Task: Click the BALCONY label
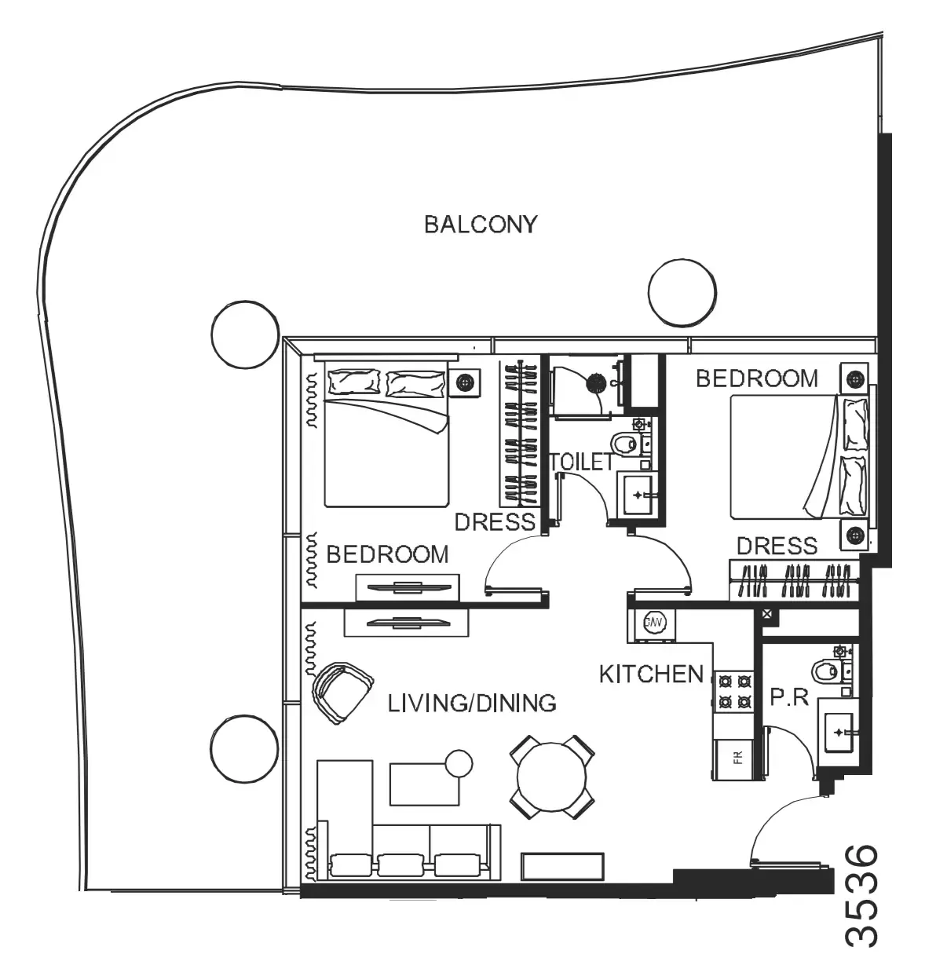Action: pyautogui.click(x=481, y=225)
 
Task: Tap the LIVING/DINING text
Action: pyautogui.click(x=472, y=704)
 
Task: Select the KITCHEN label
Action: pyautogui.click(x=651, y=674)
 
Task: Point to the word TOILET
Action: pyautogui.click(x=581, y=462)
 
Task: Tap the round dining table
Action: pyautogui.click(x=552, y=777)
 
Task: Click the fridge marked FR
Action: pyautogui.click(x=733, y=759)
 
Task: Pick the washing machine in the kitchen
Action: pyautogui.click(x=652, y=623)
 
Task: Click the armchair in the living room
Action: pyautogui.click(x=342, y=693)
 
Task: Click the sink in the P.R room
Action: pyautogui.click(x=838, y=733)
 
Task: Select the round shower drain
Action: pyautogui.click(x=595, y=382)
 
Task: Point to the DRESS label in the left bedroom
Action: pyautogui.click(x=495, y=522)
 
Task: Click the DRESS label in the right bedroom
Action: pyautogui.click(x=777, y=546)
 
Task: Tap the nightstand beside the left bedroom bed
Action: pyautogui.click(x=465, y=382)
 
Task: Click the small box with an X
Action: pyautogui.click(x=767, y=614)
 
